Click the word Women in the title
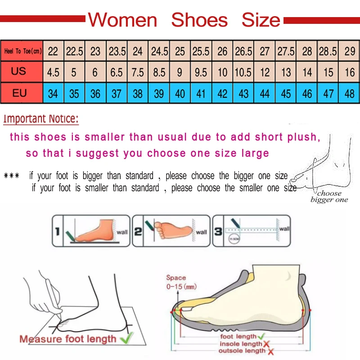[x=122, y=20]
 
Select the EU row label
[x=20, y=94]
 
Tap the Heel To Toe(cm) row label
[x=22, y=51]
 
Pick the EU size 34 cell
[x=53, y=94]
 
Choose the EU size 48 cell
[x=350, y=94]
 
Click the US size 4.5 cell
[x=53, y=72]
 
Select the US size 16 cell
[x=350, y=72]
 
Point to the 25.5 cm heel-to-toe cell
[x=201, y=51]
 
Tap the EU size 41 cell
[x=201, y=94]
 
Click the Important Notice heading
[x=41, y=119]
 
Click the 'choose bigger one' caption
[x=329, y=197]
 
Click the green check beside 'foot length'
[x=261, y=336]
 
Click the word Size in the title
[x=261, y=20]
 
